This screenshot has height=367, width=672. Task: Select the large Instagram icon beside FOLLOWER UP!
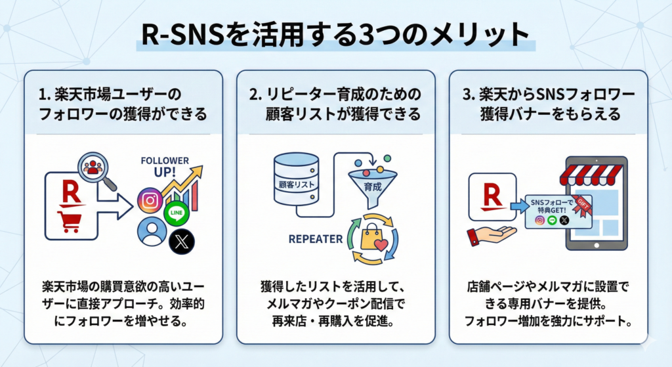150,201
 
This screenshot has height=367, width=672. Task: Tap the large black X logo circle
182,241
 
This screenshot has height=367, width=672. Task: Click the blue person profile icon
150,232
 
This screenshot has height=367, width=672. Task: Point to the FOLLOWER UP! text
164,166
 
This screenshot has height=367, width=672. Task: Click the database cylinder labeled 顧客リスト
295,180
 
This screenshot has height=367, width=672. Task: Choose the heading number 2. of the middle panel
255,94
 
